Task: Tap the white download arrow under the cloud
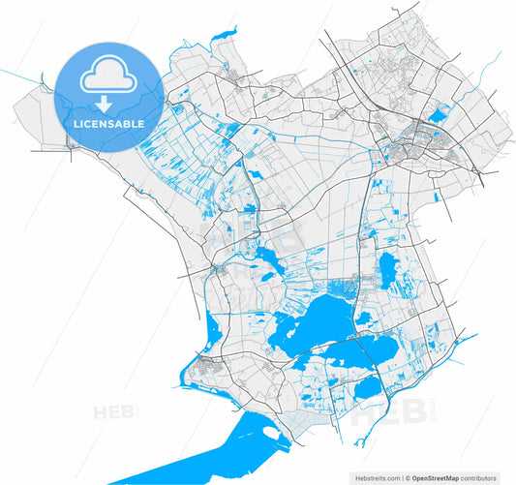103,102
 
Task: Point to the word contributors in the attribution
480,477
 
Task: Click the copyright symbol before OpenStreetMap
408,477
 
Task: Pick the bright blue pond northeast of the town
439,117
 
